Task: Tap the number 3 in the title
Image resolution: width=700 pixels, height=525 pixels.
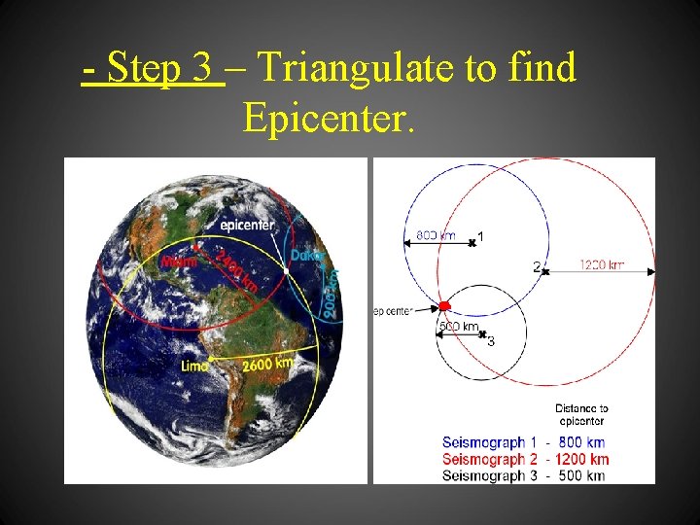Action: pyautogui.click(x=200, y=68)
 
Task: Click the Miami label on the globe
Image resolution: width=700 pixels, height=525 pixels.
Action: pyautogui.click(x=178, y=261)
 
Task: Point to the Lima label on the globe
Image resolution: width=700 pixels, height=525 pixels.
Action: pyautogui.click(x=194, y=366)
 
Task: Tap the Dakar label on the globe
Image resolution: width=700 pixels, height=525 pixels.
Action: pyautogui.click(x=306, y=255)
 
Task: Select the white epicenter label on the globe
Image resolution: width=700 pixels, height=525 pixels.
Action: pyautogui.click(x=247, y=225)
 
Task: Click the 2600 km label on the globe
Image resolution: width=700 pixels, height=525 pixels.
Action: pyautogui.click(x=267, y=364)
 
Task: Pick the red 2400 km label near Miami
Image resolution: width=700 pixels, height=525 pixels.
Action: pyautogui.click(x=236, y=271)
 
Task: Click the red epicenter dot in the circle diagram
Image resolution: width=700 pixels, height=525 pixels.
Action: pyautogui.click(x=444, y=306)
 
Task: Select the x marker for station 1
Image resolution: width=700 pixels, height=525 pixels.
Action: pyautogui.click(x=472, y=242)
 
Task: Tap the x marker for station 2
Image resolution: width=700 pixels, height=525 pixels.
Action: pyautogui.click(x=545, y=270)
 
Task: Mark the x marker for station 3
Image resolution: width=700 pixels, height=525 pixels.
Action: pyautogui.click(x=482, y=333)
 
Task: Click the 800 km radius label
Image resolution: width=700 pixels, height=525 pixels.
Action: pyautogui.click(x=435, y=235)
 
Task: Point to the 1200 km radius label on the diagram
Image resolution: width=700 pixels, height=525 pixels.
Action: pyautogui.click(x=602, y=264)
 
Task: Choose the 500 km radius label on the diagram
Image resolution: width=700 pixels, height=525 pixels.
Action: pyautogui.click(x=458, y=326)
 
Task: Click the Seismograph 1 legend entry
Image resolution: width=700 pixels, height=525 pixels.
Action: pyautogui.click(x=525, y=442)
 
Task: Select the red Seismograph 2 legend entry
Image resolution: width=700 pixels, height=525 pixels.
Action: pyautogui.click(x=525, y=459)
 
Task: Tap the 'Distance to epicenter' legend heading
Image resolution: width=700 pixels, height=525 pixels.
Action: pyautogui.click(x=581, y=415)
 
